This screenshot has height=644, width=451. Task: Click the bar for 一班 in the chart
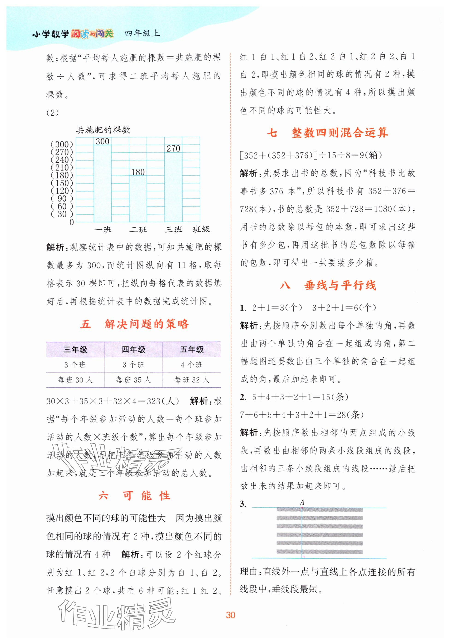coord(102,184)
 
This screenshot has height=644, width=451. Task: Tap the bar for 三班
coord(173,187)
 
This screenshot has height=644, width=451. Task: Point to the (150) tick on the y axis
coord(62,183)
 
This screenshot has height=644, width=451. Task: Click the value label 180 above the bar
coord(138,172)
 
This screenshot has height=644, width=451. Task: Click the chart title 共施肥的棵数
coord(103,130)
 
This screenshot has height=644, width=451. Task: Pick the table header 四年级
coord(133,350)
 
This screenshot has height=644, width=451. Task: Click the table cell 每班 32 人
coord(192,380)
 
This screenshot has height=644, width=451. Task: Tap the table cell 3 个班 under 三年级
coord(75,365)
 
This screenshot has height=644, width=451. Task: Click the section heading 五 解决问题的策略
coord(134,324)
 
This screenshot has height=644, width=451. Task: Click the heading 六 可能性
coord(134,496)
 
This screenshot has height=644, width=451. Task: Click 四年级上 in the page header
coord(142,34)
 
